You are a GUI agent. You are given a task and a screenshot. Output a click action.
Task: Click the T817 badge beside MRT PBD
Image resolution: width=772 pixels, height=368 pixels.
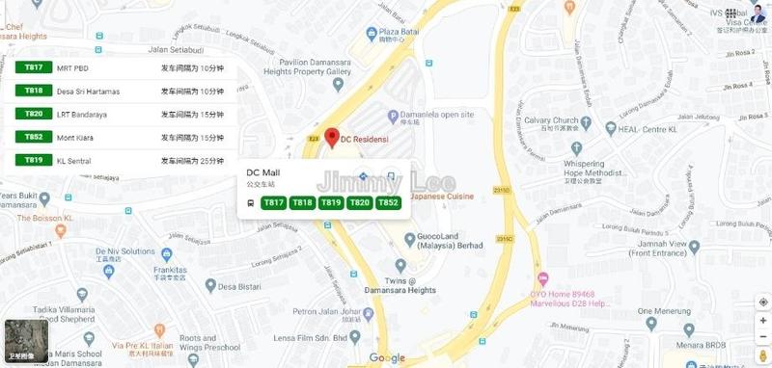click(x=34, y=68)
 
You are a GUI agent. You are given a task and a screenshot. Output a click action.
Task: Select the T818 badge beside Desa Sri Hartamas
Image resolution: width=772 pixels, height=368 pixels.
click(x=34, y=91)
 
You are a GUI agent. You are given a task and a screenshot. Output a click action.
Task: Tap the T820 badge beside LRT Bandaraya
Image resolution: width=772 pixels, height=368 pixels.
click(x=34, y=114)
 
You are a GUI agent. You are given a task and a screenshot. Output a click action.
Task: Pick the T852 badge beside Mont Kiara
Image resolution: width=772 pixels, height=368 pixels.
click(x=34, y=137)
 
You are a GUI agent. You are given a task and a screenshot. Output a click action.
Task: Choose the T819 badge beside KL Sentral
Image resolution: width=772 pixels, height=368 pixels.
click(x=34, y=160)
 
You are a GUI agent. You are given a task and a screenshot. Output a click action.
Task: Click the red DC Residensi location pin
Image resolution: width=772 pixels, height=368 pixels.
click(x=330, y=138)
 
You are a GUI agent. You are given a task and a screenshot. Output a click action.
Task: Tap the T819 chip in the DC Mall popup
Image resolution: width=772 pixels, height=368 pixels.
click(x=331, y=202)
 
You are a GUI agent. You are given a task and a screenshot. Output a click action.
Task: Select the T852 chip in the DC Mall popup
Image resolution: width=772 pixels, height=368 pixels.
click(x=388, y=202)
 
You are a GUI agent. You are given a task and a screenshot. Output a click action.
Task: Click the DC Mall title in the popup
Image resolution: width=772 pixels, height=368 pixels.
click(x=262, y=172)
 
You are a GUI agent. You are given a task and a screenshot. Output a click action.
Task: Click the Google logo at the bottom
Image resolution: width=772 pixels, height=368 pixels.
click(x=387, y=358)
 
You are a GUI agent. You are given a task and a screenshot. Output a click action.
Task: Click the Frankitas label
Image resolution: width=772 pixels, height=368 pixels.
click(x=169, y=272)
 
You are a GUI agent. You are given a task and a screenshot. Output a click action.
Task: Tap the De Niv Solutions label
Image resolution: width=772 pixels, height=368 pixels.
click(x=125, y=251)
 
